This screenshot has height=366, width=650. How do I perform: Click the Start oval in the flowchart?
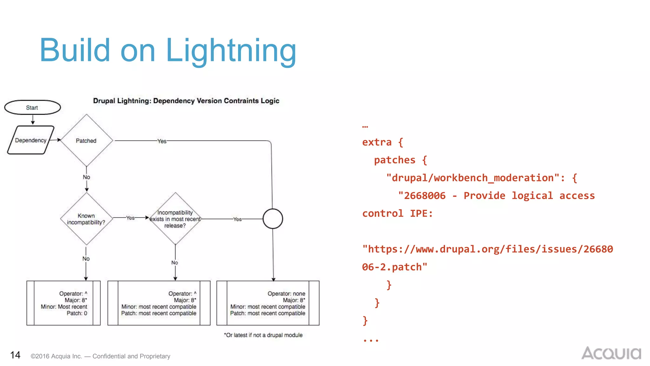pyautogui.click(x=32, y=108)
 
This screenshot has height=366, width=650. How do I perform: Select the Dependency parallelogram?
pyautogui.click(x=31, y=140)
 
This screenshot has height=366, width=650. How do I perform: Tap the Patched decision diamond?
pyautogui.click(x=86, y=140)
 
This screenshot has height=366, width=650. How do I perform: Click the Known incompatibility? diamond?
pyautogui.click(x=86, y=219)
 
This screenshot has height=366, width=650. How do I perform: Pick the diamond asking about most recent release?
pyautogui.click(x=175, y=219)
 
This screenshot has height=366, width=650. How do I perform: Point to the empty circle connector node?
pyautogui.click(x=273, y=219)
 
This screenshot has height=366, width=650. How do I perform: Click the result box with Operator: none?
pyautogui.click(x=268, y=303)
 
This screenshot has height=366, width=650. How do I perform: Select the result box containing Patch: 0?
pyautogui.click(x=63, y=303)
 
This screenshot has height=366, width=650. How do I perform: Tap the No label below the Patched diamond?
pyautogui.click(x=86, y=177)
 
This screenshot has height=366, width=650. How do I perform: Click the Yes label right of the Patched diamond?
pyautogui.click(x=162, y=141)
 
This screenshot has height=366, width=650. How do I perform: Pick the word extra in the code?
pyautogui.click(x=377, y=142)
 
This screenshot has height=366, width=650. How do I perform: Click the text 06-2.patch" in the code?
pyautogui.click(x=395, y=267)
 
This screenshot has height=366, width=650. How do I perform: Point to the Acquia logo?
pyautogui.click(x=611, y=353)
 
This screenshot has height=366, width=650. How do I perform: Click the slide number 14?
pyautogui.click(x=15, y=355)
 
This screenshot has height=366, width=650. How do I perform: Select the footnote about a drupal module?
pyautogui.click(x=263, y=335)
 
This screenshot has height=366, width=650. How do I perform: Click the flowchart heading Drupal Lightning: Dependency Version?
pyautogui.click(x=186, y=101)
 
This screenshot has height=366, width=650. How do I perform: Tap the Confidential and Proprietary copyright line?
pyautogui.click(x=100, y=356)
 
